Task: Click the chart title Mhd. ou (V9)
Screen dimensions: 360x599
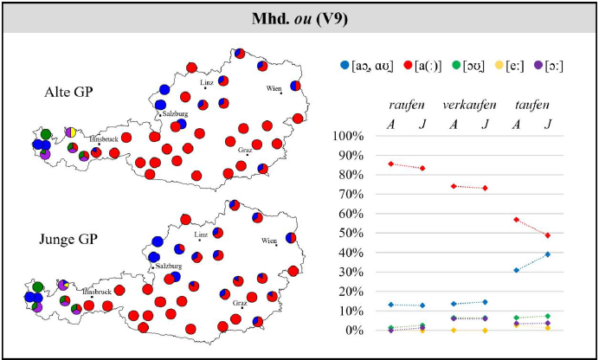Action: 299,16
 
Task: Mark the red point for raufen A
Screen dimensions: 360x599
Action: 391,164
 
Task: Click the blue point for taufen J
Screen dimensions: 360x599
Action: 548,254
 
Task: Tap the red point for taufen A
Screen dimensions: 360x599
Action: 517,220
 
